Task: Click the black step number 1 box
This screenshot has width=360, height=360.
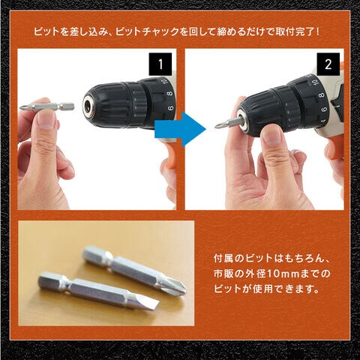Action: pos(160,64)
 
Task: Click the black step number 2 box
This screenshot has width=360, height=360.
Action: pos(328,64)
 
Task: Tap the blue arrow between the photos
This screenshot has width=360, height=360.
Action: pos(180,129)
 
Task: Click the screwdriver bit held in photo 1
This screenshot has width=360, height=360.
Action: pos(47,106)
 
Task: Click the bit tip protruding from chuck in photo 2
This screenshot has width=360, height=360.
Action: pos(224,124)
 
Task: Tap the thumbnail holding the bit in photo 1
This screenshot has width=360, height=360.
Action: pos(46,119)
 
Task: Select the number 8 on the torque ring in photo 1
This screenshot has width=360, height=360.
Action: pos(170,94)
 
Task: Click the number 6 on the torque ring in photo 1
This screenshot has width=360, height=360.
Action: pos(170,109)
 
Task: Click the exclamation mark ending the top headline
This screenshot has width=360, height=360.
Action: pos(317,32)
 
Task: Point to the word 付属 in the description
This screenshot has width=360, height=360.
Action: pos(223,259)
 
